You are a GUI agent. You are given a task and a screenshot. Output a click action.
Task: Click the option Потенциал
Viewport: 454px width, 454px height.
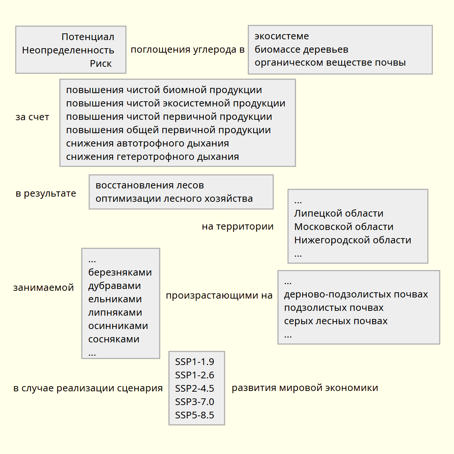pos(88,37)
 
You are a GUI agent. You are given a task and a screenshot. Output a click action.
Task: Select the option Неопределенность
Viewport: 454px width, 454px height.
pos(68,50)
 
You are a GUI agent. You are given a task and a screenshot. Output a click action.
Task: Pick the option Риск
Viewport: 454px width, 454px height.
pos(101,64)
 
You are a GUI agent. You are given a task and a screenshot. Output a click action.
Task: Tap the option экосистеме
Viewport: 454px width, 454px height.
pos(282,36)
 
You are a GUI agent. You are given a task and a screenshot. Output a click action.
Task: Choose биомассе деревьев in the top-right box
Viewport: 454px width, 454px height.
pos(301,50)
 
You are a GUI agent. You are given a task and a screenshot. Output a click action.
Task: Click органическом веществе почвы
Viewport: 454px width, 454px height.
pos(330,63)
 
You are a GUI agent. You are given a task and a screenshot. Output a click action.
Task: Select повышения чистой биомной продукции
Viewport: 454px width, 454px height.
pos(164,90)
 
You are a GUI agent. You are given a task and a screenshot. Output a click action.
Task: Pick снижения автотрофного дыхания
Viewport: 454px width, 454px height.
pos(147,144)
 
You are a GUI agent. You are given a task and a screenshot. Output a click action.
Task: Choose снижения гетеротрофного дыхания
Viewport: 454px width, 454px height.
pos(152,157)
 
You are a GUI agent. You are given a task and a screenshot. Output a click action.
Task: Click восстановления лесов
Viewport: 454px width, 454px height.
pos(149,185)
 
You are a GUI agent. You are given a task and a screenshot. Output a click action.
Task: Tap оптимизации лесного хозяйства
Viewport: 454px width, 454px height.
pos(174,199)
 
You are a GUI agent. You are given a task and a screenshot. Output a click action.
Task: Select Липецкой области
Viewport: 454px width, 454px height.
pos(339,214)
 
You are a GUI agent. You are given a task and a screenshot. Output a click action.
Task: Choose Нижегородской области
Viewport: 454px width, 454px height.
pos(352,240)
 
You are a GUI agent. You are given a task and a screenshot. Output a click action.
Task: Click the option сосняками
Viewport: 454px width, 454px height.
pos(113,339)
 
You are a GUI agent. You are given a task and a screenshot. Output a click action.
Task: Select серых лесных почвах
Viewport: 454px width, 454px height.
pos(336,321)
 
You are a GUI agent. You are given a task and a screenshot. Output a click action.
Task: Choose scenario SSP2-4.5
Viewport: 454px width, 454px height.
pos(194,389)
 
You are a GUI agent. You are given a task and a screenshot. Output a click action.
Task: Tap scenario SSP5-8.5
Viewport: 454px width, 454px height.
pos(194,415)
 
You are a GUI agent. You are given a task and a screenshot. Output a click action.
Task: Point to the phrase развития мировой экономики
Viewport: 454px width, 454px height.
pos(305,388)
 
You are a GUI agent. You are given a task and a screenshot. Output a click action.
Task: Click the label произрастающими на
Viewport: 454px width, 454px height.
pos(219,296)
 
